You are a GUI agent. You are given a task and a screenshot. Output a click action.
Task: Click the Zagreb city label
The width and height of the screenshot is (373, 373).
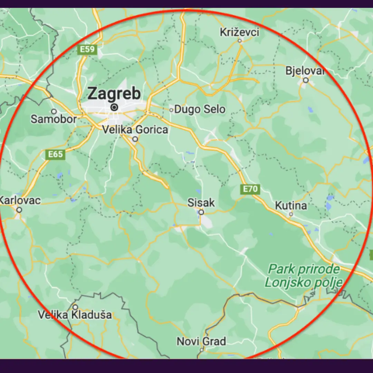click(114, 93)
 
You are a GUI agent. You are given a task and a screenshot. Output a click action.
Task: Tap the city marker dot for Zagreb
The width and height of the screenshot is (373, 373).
click(114, 107)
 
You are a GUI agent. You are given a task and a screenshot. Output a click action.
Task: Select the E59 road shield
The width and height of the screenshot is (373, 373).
click(87, 49)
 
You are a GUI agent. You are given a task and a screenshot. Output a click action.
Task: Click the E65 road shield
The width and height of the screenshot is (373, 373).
click(55, 154)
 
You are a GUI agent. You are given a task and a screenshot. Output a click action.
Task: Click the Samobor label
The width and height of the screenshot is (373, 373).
click(54, 119)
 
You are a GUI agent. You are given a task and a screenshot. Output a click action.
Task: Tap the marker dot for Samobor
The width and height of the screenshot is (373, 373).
click(54, 112)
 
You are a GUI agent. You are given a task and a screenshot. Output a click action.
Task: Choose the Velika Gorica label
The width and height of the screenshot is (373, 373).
click(135, 130)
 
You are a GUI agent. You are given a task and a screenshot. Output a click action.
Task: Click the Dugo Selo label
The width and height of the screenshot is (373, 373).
click(200, 110)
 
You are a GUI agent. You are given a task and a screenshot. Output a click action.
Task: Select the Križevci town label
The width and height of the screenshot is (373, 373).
click(239, 32)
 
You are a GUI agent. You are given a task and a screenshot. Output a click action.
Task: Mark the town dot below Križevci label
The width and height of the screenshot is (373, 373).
click(240, 41)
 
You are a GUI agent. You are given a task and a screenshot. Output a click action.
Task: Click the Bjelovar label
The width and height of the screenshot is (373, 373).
click(305, 71)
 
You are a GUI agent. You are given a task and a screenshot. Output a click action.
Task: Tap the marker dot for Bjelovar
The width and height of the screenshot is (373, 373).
click(306, 80)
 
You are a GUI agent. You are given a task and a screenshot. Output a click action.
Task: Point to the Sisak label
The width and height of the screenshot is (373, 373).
click(201, 203)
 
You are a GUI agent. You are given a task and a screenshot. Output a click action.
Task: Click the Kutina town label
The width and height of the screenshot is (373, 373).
click(291, 206)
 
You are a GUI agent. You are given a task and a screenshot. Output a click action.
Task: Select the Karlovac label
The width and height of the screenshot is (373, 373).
click(20, 200)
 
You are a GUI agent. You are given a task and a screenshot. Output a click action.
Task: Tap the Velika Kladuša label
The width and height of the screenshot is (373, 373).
click(75, 315)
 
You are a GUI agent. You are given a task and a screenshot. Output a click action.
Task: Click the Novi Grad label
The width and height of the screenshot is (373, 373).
click(201, 342)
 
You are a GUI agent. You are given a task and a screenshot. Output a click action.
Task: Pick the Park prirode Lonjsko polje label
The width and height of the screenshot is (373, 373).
click(304, 276)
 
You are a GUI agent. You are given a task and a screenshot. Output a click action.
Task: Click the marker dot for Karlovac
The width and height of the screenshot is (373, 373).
click(19, 210)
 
